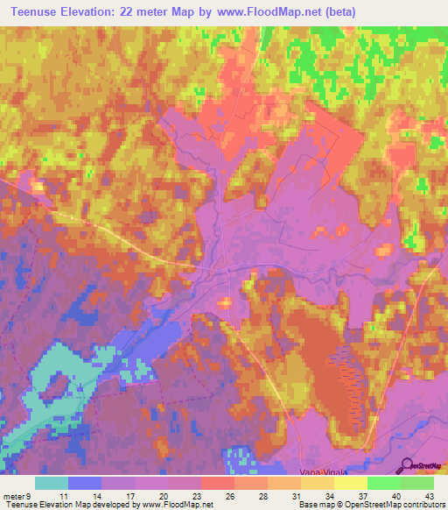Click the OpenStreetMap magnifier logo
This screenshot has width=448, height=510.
coord(407,465)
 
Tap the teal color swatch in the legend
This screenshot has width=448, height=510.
coord(52,483)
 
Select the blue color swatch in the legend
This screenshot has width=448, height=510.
coord(85,483)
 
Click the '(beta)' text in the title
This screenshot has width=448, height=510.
coord(372,11)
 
